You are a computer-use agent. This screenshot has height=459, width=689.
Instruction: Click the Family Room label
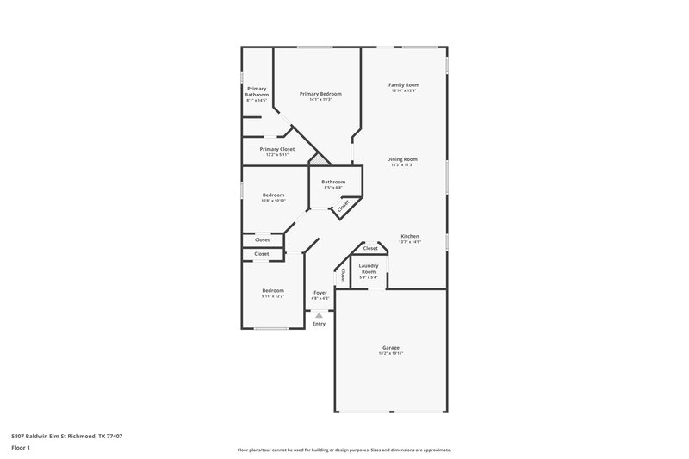(403, 84)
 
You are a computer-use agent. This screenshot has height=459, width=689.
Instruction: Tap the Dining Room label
(401, 159)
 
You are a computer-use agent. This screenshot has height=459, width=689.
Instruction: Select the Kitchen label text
(410, 236)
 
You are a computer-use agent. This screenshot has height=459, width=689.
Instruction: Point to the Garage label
(391, 348)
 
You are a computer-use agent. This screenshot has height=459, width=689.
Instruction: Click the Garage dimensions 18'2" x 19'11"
(391, 354)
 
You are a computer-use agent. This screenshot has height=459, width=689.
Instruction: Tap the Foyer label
(320, 293)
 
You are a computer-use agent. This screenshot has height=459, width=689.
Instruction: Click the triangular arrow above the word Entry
(320, 316)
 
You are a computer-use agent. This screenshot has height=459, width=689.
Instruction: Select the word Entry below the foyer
(320, 324)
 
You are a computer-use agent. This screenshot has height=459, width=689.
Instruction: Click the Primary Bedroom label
(320, 94)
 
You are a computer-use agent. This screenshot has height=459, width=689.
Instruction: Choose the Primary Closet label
(276, 149)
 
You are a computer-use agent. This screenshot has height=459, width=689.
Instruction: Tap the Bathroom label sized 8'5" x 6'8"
(333, 182)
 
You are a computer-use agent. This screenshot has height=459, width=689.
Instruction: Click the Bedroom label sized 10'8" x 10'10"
(273, 195)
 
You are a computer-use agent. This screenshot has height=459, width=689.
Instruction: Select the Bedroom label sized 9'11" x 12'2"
(273, 291)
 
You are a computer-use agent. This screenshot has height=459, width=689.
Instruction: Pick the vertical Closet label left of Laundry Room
(343, 276)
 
